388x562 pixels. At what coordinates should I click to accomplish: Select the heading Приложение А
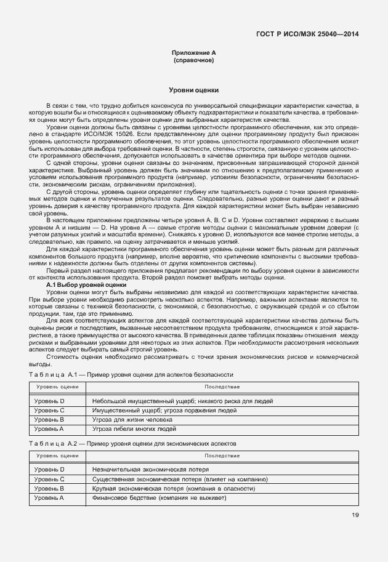[193, 54]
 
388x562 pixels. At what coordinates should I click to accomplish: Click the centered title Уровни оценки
[193, 90]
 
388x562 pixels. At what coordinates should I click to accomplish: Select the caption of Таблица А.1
[131, 374]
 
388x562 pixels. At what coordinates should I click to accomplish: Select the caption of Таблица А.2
[132, 443]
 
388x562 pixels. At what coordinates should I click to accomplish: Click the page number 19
[355, 515]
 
